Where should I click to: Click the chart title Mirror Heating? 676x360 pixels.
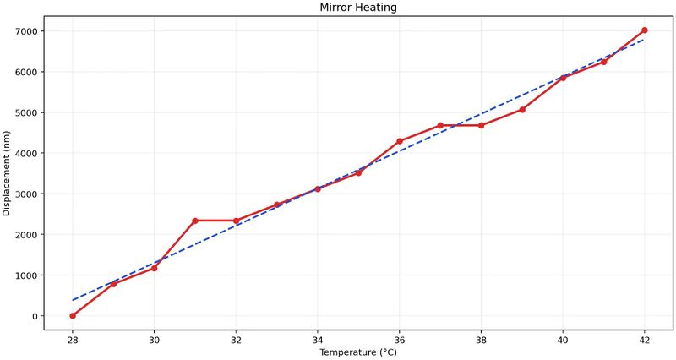pyautogui.click(x=358, y=8)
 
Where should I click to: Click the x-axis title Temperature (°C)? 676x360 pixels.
pyautogui.click(x=358, y=352)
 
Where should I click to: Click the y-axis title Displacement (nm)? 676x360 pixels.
pyautogui.click(x=8, y=173)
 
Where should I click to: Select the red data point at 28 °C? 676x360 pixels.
pyautogui.click(x=73, y=316)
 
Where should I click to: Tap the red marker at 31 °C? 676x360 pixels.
pyautogui.click(x=195, y=221)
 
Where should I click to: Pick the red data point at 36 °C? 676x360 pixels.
pyautogui.click(x=400, y=141)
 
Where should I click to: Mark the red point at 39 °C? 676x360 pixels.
pyautogui.click(x=522, y=110)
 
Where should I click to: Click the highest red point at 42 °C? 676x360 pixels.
pyautogui.click(x=645, y=30)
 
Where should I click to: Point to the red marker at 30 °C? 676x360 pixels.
pyautogui.click(x=154, y=268)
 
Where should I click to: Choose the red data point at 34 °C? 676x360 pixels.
pyautogui.click(x=318, y=189)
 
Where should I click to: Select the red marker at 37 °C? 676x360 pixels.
pyautogui.click(x=440, y=125)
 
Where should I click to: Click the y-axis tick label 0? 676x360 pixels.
pyautogui.click(x=35, y=316)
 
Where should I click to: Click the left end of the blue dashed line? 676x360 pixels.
pyautogui.click(x=74, y=300)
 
